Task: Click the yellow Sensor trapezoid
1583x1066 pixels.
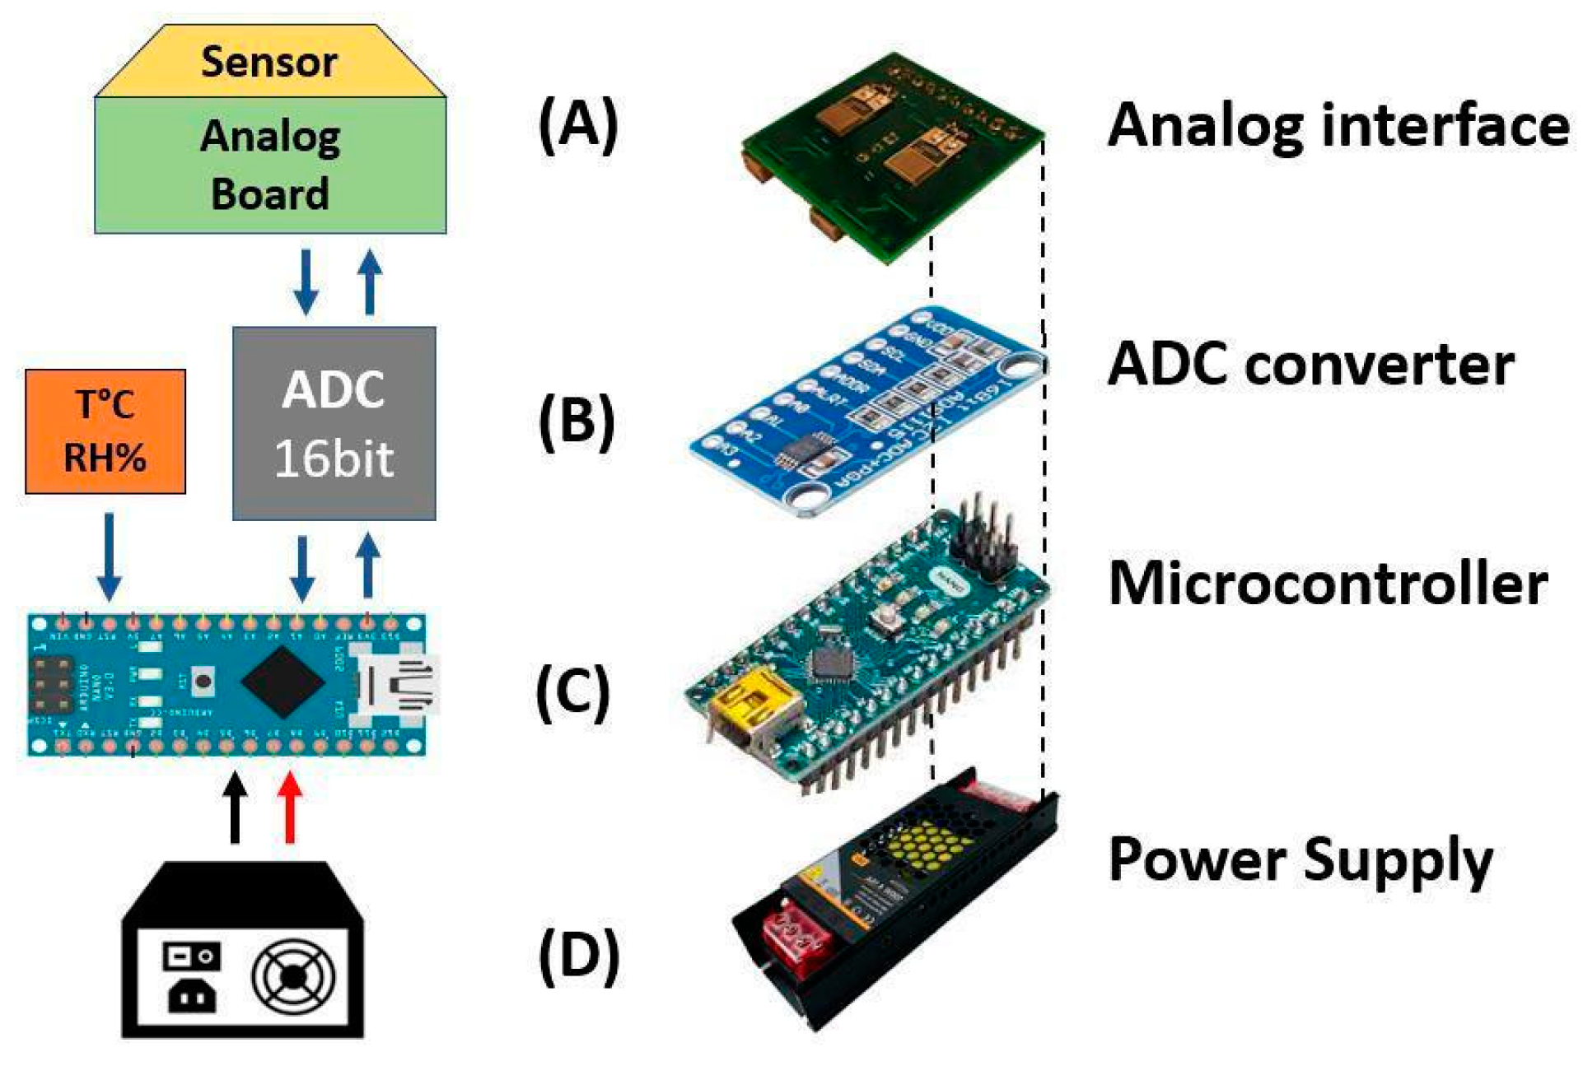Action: pos(270,63)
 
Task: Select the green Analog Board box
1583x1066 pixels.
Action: pos(270,165)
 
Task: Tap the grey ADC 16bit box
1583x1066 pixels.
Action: pos(334,423)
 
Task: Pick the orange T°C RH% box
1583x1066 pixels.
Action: pos(105,431)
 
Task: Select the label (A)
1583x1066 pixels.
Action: pos(578,125)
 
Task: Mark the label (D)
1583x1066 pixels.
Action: pos(579,955)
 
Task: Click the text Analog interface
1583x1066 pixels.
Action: pos(1338,127)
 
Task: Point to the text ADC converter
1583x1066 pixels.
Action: pos(1311,364)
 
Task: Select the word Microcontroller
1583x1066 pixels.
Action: pos(1328,584)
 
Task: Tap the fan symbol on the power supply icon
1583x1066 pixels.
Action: pos(293,978)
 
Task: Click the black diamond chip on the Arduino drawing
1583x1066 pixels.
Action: pos(283,682)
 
